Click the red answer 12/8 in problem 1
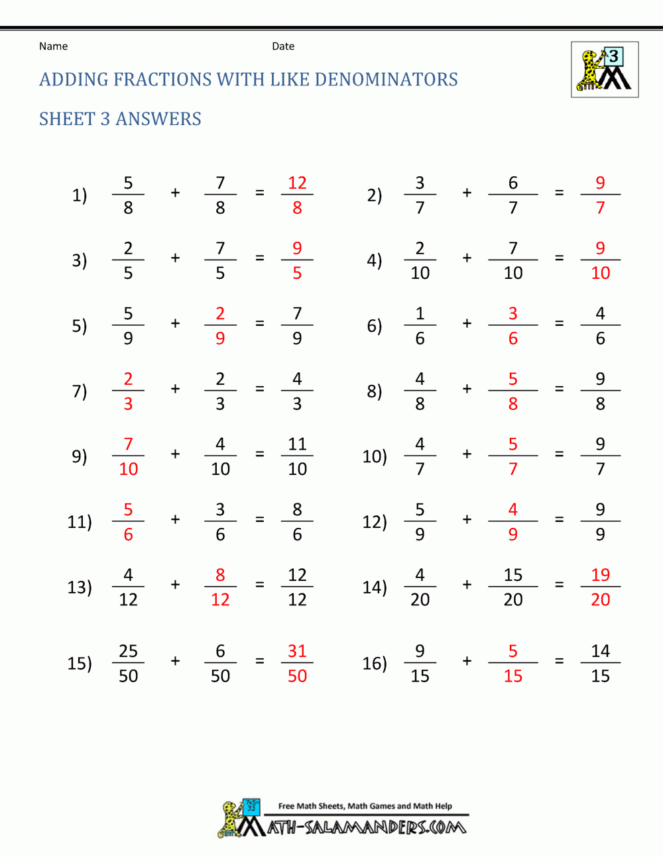[x=297, y=195]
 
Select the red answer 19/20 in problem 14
[x=600, y=587]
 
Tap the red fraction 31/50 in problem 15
[x=297, y=663]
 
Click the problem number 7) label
[x=80, y=391]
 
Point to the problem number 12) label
[x=375, y=522]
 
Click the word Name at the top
[x=53, y=46]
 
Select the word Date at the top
[x=283, y=46]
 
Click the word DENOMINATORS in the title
[x=386, y=79]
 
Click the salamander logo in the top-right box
[x=605, y=70]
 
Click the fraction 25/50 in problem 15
[x=128, y=663]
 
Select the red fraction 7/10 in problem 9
[x=128, y=456]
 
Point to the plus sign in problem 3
[x=175, y=258]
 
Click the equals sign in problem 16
[x=560, y=660]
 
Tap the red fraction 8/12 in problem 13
[x=220, y=587]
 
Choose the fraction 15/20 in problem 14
[x=512, y=587]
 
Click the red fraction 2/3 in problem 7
[x=128, y=391]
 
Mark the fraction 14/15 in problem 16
[x=600, y=663]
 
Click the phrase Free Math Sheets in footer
[x=312, y=806]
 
